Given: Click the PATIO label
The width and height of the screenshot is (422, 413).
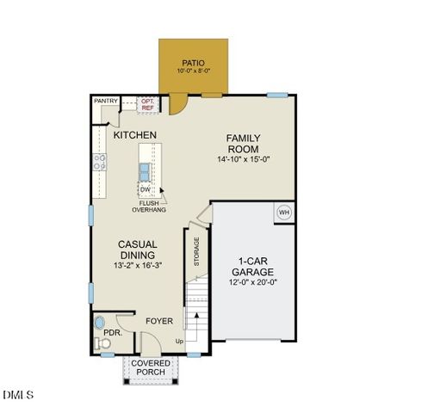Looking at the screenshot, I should (x=194, y=63).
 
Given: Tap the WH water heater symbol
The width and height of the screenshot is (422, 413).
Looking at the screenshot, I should (x=282, y=212).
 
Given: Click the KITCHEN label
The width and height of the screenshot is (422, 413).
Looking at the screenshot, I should (x=135, y=135).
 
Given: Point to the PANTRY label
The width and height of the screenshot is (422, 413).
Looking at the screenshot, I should (x=106, y=102).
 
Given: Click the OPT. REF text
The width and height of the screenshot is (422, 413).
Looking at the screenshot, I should (x=147, y=104).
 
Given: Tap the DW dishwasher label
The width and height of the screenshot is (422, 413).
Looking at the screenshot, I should (x=145, y=189).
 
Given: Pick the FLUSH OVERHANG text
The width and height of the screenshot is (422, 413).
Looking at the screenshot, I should (x=149, y=206).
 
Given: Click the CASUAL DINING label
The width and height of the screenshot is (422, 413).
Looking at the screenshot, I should (x=138, y=250).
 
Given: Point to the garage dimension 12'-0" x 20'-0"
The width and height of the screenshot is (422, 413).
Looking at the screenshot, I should (x=252, y=281).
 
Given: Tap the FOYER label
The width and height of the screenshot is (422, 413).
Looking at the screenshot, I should (x=158, y=321).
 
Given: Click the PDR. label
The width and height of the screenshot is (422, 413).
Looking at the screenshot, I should (x=111, y=332).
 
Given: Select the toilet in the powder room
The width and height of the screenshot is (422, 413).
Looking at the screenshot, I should (x=103, y=343).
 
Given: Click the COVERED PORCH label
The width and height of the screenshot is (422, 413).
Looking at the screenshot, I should (x=151, y=367).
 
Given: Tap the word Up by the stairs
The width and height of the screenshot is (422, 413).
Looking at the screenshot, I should (x=179, y=342).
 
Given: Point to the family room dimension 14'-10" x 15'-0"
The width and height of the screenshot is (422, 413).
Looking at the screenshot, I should (x=244, y=159).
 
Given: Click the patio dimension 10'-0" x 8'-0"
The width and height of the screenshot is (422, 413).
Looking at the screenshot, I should (x=194, y=72).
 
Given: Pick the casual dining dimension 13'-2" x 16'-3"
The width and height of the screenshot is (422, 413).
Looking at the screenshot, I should (x=138, y=266).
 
